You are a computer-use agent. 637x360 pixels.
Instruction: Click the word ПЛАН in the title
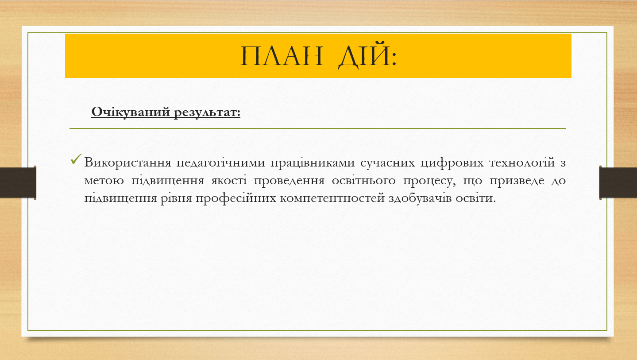click(x=282, y=56)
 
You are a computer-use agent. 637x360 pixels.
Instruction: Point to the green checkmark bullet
click(x=76, y=159)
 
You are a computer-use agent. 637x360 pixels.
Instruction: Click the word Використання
click(x=127, y=163)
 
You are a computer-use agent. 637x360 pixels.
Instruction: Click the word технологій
click(x=522, y=163)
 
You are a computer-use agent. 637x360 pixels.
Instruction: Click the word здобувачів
click(x=420, y=198)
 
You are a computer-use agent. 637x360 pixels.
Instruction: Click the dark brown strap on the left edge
click(x=18, y=182)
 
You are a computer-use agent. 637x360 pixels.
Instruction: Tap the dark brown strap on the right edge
click(x=618, y=182)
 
